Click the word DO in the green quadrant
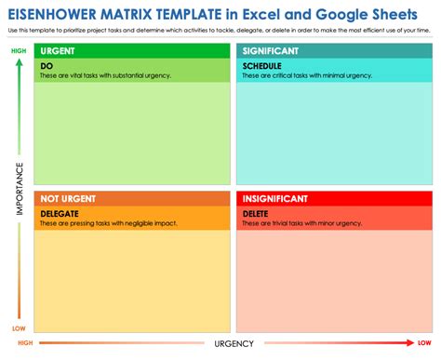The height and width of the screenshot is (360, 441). point(47,67)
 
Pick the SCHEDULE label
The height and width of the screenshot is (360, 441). point(261,67)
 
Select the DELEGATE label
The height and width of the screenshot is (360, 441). point(60,212)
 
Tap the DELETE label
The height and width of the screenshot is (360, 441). point(256,212)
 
